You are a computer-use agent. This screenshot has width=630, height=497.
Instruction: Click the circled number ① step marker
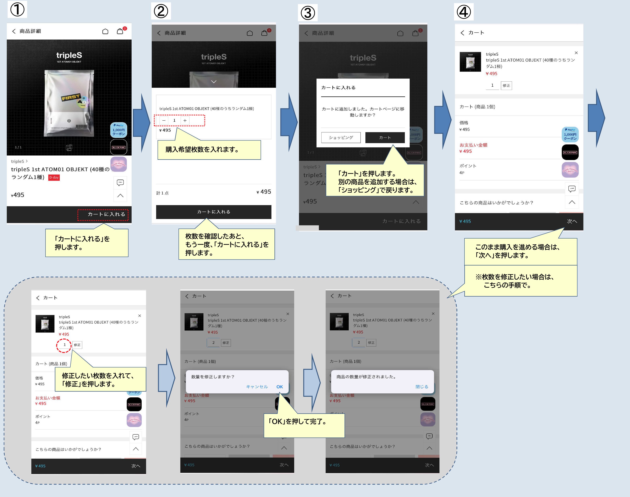17,10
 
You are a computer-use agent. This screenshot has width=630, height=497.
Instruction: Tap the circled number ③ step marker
308,13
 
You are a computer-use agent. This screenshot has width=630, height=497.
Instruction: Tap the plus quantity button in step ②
185,120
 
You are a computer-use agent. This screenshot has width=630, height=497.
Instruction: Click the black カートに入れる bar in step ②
213,212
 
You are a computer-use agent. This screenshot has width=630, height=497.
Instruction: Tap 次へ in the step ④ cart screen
571,221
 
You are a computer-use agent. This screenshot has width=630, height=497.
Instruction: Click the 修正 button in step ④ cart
506,86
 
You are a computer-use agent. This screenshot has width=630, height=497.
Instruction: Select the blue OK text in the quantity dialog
279,387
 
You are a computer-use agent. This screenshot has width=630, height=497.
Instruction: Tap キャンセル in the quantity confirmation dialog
257,387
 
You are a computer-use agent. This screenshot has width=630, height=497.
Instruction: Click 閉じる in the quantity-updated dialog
422,387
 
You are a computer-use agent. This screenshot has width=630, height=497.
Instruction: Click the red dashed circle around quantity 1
64,345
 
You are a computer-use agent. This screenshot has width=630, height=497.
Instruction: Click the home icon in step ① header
105,31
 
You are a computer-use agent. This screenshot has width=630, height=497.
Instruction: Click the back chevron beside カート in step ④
462,33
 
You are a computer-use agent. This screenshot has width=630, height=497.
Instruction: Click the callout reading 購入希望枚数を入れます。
209,150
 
